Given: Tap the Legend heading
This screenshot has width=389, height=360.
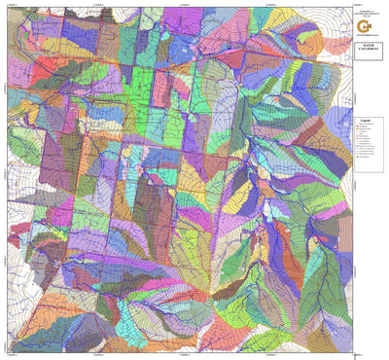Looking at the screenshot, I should [364, 121].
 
